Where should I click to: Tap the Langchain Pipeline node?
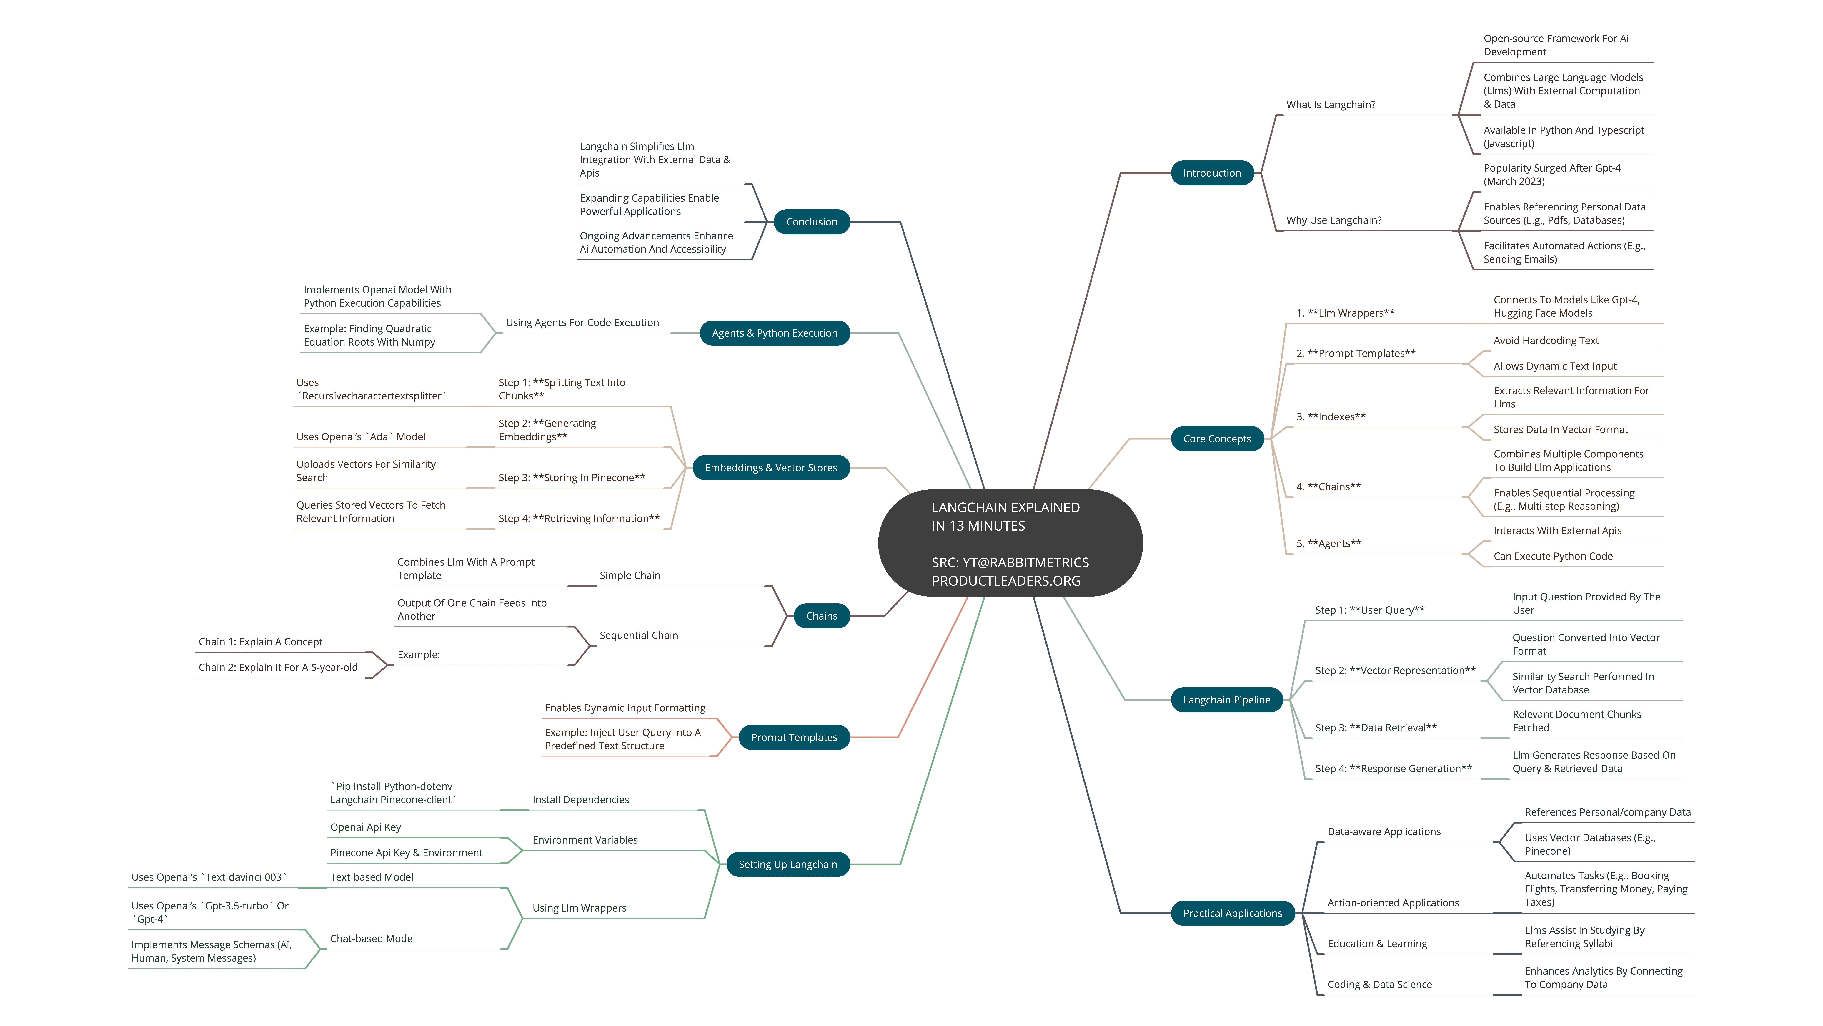point(1226,700)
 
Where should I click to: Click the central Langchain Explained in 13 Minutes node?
point(1010,543)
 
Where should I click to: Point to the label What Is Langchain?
point(1331,105)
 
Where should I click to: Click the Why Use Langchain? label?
point(1333,220)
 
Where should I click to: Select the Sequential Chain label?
point(638,635)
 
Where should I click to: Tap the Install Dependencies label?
point(580,799)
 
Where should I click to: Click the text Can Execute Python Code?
point(1553,556)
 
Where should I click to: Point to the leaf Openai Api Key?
point(365,827)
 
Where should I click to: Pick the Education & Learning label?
point(1377,943)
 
